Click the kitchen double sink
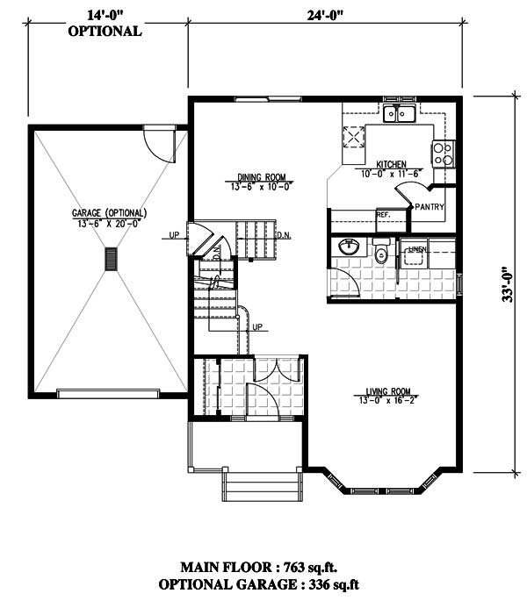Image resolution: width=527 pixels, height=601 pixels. coord(401,113)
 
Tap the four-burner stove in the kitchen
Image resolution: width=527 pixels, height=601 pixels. coord(443,154)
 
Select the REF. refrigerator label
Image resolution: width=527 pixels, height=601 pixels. coord(383,214)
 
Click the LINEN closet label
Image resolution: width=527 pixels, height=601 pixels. coord(418,250)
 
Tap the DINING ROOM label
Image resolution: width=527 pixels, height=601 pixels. coord(242,177)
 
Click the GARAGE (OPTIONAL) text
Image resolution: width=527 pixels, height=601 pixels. coord(110,213)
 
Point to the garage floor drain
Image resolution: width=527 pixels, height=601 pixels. coord(111,260)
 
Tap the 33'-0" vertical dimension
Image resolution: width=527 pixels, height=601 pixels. coord(509,285)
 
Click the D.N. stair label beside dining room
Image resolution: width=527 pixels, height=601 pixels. coord(284,235)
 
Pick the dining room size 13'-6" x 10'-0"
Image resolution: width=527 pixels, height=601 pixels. coord(242,186)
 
